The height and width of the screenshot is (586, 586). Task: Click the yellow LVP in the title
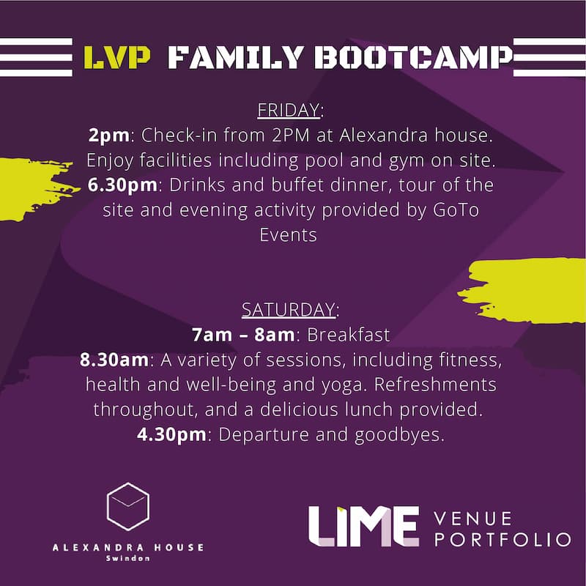coord(117,58)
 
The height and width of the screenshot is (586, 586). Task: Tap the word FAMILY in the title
coord(235,58)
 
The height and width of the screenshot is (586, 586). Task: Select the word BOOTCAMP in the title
coord(413,58)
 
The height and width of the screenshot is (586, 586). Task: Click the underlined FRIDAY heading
coord(289,111)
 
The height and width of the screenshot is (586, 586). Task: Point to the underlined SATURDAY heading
coord(289,310)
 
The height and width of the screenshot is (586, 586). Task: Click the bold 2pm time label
coord(108,136)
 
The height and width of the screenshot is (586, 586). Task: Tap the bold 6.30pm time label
coord(122,185)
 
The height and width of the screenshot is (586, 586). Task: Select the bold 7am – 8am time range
coord(243,335)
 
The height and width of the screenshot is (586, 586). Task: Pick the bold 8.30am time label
coord(114,360)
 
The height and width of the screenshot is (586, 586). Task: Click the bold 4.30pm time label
coord(171,434)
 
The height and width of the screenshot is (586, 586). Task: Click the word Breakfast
coord(349,335)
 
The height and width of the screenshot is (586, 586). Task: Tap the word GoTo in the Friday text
coord(456,210)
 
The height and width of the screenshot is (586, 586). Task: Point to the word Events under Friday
coord(288,235)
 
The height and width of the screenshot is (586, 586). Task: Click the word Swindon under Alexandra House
coord(127,559)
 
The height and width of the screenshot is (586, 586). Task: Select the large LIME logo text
coord(363,527)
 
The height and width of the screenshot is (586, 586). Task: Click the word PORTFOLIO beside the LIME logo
coord(502,540)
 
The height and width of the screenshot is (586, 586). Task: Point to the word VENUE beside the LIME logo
coord(472,519)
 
